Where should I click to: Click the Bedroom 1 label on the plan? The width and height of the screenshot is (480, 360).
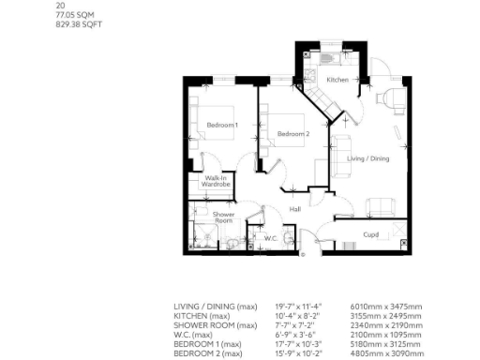(x=223, y=125)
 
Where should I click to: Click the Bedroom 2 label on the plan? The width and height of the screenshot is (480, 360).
(x=292, y=134)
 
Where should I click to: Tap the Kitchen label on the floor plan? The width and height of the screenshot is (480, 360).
(x=337, y=81)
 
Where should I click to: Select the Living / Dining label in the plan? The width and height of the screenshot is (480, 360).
(x=367, y=158)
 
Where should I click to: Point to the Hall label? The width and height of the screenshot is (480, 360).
(x=294, y=209)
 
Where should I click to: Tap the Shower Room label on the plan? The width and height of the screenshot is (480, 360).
(x=223, y=217)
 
